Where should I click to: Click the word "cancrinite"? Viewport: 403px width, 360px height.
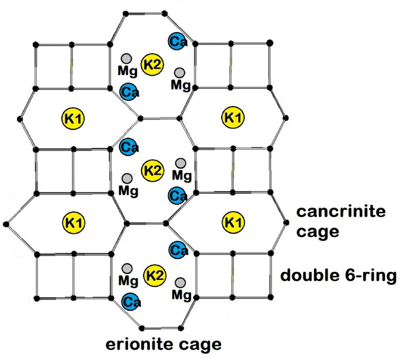(x=341, y=212)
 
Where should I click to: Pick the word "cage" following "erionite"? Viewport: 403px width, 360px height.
(x=202, y=344)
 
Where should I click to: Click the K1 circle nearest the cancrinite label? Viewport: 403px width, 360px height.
(x=234, y=222)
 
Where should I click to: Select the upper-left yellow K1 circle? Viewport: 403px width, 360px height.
(x=73, y=118)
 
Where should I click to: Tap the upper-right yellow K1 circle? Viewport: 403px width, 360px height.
(x=234, y=117)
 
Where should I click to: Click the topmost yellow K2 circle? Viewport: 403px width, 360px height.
(x=152, y=65)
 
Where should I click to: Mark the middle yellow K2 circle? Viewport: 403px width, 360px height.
(x=152, y=170)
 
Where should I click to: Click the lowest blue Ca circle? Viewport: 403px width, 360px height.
(x=131, y=302)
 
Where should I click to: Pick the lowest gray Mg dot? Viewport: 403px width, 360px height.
(x=180, y=283)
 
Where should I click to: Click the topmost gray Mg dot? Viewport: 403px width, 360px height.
(x=126, y=59)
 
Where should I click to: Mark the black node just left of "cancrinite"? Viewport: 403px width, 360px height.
(x=286, y=222)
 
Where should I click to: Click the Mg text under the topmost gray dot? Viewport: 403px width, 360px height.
(x=128, y=71)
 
